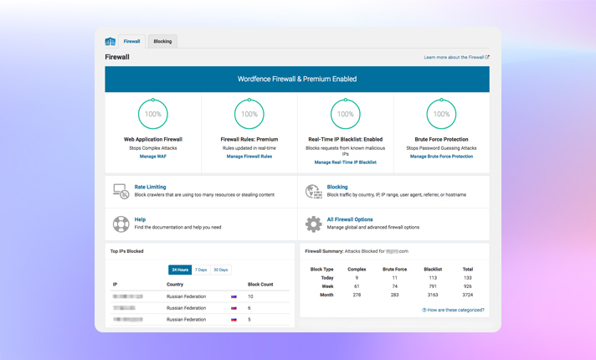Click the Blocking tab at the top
(162, 41)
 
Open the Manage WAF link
(152, 157)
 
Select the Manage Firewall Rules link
(249, 157)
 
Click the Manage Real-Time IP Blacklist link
(345, 162)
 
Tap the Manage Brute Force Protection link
(441, 157)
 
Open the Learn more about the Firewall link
(456, 58)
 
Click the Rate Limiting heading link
(150, 187)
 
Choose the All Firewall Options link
(350, 219)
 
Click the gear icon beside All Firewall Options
(313, 224)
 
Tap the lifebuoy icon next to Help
(121, 224)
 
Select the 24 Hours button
(180, 270)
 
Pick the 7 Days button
(201, 270)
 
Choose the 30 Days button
(220, 270)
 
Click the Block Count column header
(260, 285)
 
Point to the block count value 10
(250, 296)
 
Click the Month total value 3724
(467, 295)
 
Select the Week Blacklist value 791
(432, 286)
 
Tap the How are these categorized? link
(453, 310)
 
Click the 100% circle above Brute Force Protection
(441, 114)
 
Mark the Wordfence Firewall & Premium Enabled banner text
(296, 80)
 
